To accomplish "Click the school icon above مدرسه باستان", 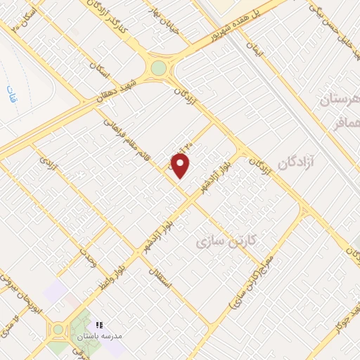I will [x=98, y=325].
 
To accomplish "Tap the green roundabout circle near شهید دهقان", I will [x=159, y=68].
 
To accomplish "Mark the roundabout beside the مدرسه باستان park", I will [x=58, y=329].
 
